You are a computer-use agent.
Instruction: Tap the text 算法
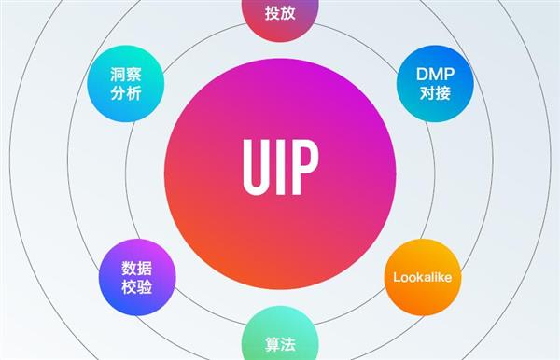coord(279,342)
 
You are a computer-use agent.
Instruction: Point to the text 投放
coord(279,14)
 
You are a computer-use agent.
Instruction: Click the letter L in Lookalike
coord(397,278)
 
